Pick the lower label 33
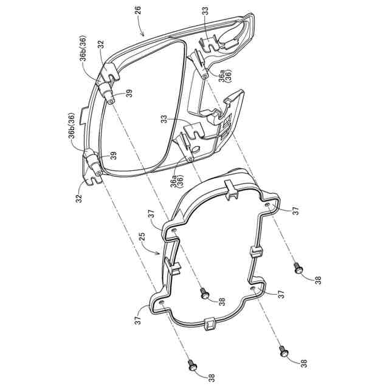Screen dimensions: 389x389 (165, 119)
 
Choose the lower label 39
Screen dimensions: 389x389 (114, 156)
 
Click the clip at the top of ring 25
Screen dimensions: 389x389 (230, 186)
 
